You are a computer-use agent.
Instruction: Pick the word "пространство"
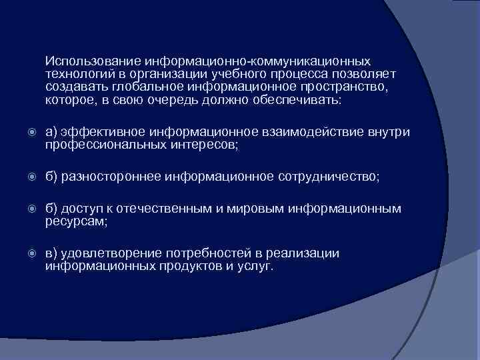coord(343,86)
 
